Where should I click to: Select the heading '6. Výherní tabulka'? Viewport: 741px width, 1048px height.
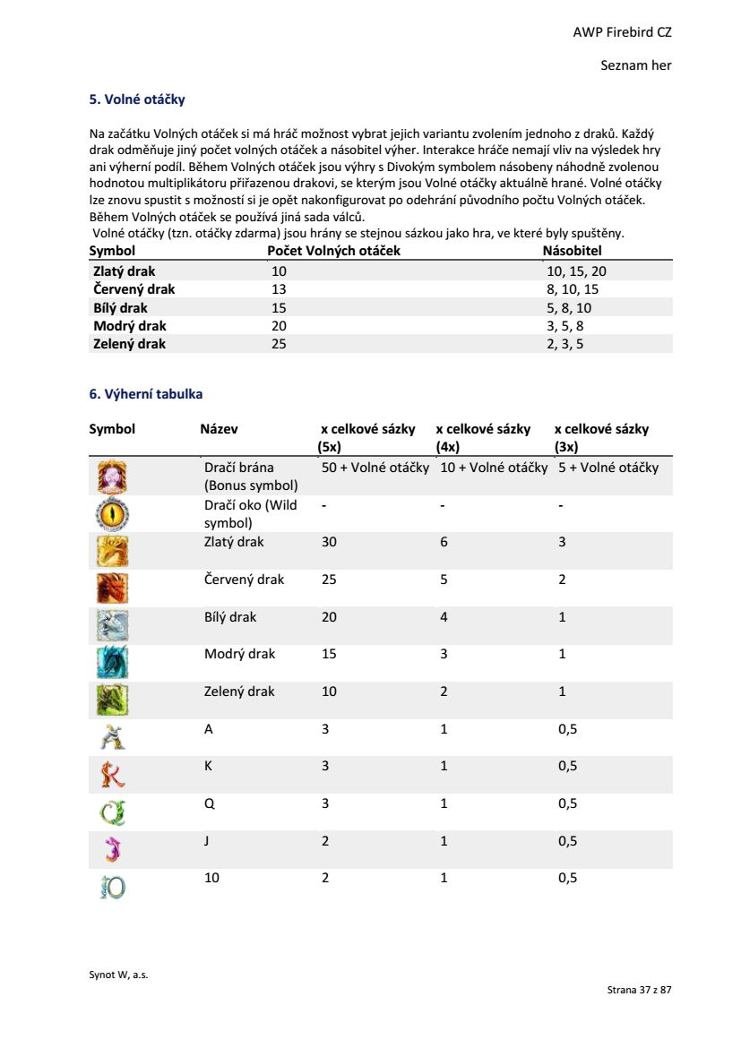coord(145,393)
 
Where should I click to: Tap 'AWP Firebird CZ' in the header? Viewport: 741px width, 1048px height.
coord(622,32)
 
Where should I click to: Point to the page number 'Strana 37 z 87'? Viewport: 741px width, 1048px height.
coord(639,990)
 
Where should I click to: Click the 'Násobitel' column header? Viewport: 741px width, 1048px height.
coord(573,251)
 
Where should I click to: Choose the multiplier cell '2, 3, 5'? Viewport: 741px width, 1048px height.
coord(564,344)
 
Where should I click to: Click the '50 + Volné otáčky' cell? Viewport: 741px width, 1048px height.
coord(375,468)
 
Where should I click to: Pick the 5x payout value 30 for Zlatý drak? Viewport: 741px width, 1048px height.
coord(329,542)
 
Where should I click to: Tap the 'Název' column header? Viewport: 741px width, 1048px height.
coord(219,429)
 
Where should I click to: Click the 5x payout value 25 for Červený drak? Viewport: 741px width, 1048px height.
coord(329,580)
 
